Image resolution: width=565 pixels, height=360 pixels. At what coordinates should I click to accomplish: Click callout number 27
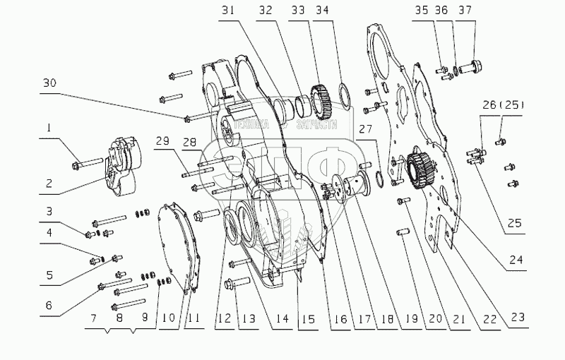click(x=364, y=128)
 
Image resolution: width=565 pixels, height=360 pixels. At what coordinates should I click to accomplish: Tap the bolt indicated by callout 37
click(x=477, y=68)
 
